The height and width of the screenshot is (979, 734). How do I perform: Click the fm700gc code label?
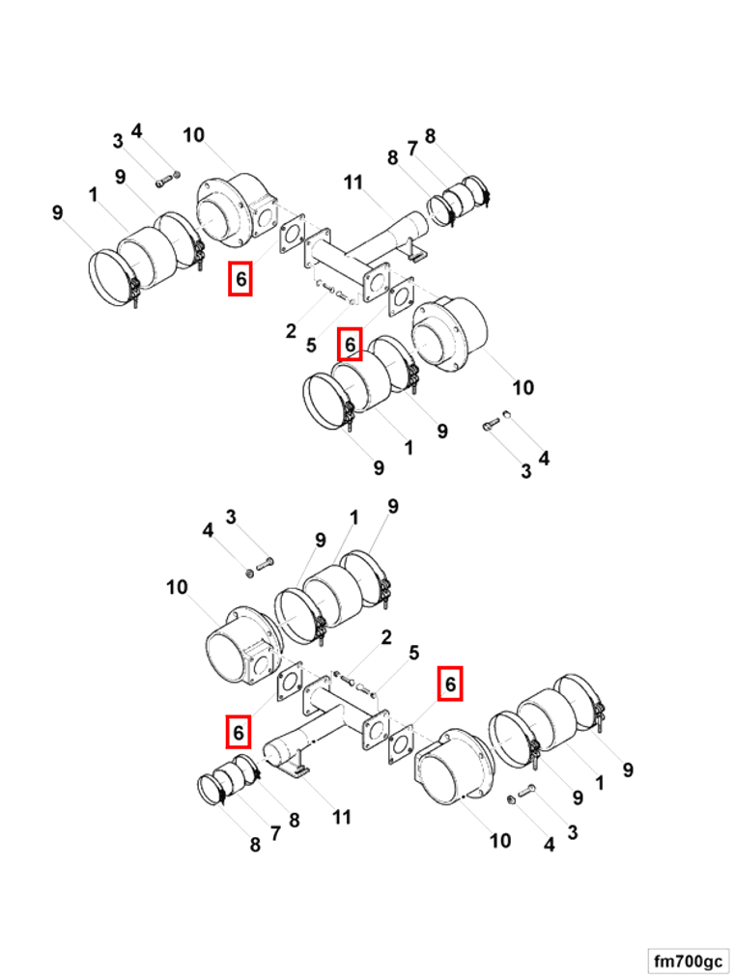[688, 961]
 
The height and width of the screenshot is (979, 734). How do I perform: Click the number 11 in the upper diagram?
[353, 182]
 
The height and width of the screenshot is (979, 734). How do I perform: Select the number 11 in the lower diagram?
[341, 818]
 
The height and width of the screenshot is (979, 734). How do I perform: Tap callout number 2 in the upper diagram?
[291, 331]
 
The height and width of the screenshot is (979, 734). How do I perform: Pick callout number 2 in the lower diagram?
[386, 637]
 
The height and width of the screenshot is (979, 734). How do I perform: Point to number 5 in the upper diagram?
[311, 345]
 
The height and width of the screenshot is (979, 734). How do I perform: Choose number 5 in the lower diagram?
[413, 654]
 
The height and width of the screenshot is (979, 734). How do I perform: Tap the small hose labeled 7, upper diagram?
[463, 199]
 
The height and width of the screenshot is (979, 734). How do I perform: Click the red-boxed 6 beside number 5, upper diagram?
[350, 344]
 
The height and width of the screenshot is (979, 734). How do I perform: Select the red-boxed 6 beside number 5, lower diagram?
[449, 684]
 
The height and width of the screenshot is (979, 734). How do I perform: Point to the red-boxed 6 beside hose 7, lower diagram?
[238, 731]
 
